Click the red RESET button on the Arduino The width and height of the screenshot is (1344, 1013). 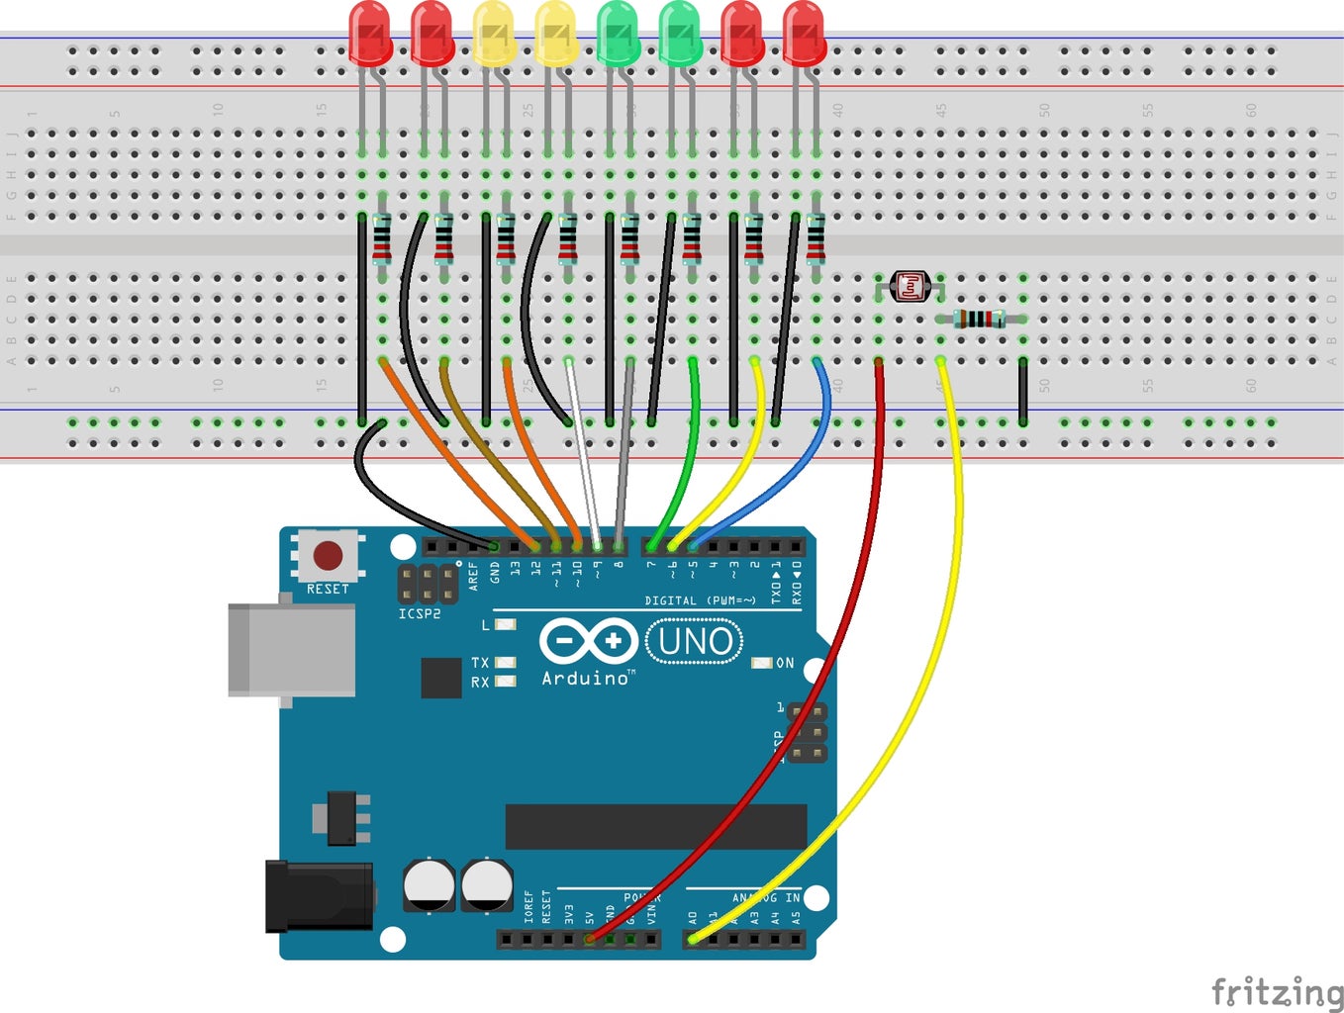[328, 554]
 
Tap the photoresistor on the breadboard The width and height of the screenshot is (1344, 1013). [910, 287]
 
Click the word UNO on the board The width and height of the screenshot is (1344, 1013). [695, 642]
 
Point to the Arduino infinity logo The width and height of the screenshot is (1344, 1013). [588, 640]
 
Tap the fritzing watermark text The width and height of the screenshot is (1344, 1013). [1277, 990]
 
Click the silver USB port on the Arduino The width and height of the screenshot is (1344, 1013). [291, 649]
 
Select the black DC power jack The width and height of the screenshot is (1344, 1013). [319, 896]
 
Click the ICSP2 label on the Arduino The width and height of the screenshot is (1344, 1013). [420, 614]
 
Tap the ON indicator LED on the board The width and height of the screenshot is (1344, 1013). [761, 663]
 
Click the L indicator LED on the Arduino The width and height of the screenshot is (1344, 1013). [505, 625]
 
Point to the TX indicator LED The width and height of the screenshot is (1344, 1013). [505, 663]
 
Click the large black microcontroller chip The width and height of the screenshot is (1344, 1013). [655, 827]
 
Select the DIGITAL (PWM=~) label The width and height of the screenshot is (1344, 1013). [700, 600]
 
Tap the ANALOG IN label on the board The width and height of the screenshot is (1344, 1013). [765, 897]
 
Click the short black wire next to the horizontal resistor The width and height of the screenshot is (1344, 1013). [1022, 392]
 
